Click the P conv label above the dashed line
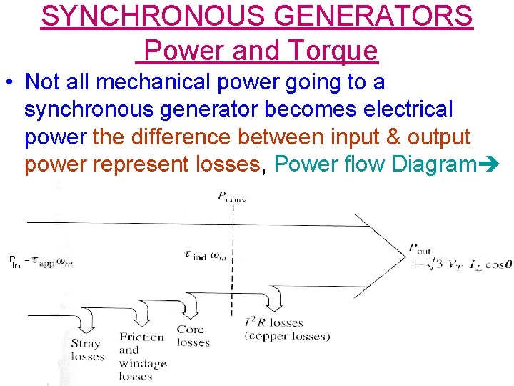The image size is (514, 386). click(x=232, y=197)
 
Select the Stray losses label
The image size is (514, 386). click(x=86, y=350)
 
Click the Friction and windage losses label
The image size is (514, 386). click(x=142, y=356)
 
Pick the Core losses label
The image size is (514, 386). click(x=192, y=335)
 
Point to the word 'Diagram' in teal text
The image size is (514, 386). click(x=436, y=164)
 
